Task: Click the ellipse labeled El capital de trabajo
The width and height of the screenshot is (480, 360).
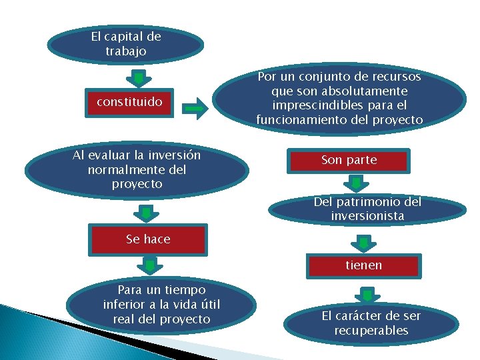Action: click(x=125, y=43)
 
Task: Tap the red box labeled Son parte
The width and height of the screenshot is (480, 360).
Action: click(x=349, y=160)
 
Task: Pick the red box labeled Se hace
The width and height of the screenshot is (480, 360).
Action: click(x=148, y=239)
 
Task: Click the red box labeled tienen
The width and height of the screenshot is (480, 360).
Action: click(x=363, y=265)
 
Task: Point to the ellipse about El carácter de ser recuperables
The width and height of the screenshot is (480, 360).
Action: click(x=371, y=323)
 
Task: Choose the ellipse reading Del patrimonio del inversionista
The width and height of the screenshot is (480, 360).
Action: click(x=367, y=209)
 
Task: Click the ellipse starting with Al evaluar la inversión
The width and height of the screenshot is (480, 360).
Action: click(x=137, y=169)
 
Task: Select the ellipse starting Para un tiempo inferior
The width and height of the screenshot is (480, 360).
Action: click(x=161, y=305)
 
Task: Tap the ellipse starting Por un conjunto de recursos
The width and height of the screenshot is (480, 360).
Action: click(x=339, y=99)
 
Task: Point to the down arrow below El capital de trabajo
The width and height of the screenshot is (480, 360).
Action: click(x=138, y=78)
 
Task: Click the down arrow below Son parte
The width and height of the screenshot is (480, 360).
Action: click(x=357, y=183)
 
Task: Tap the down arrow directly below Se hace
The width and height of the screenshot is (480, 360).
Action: click(x=150, y=266)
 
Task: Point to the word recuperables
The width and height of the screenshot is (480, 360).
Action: click(x=371, y=331)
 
